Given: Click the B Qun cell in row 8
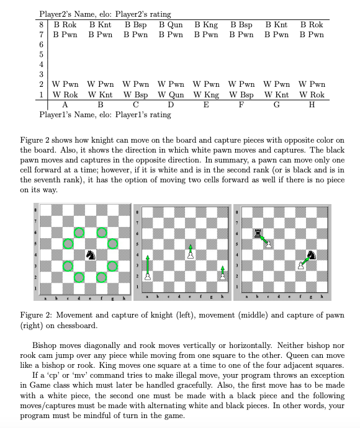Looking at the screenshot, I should pos(171,25).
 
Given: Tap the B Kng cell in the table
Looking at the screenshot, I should pos(206,25).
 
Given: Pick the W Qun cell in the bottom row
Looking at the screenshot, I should pos(171,95).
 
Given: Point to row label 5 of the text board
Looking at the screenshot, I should pos(41,54).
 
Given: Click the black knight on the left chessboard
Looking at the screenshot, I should pos(91,254).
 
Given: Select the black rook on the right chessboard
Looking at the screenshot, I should pos(257,233).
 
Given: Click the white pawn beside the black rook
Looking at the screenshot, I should pos(268,243).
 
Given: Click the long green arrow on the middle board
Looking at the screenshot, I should pos(148,267).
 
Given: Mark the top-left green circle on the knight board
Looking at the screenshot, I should pos(79,233).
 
